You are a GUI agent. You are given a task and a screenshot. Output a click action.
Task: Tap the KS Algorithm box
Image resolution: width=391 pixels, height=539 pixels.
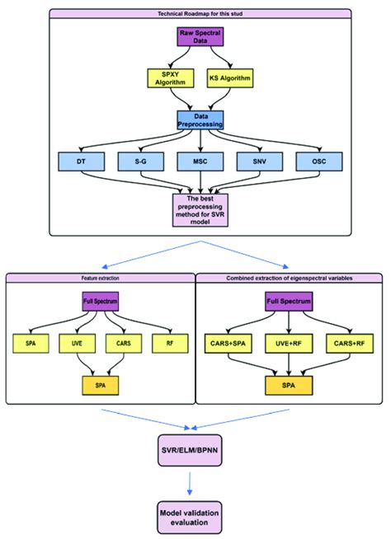pos(229,78)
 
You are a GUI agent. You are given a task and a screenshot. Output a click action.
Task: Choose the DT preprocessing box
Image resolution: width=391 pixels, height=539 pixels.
pos(80,162)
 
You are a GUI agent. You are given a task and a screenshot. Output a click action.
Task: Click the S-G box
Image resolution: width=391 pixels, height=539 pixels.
pos(139,162)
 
